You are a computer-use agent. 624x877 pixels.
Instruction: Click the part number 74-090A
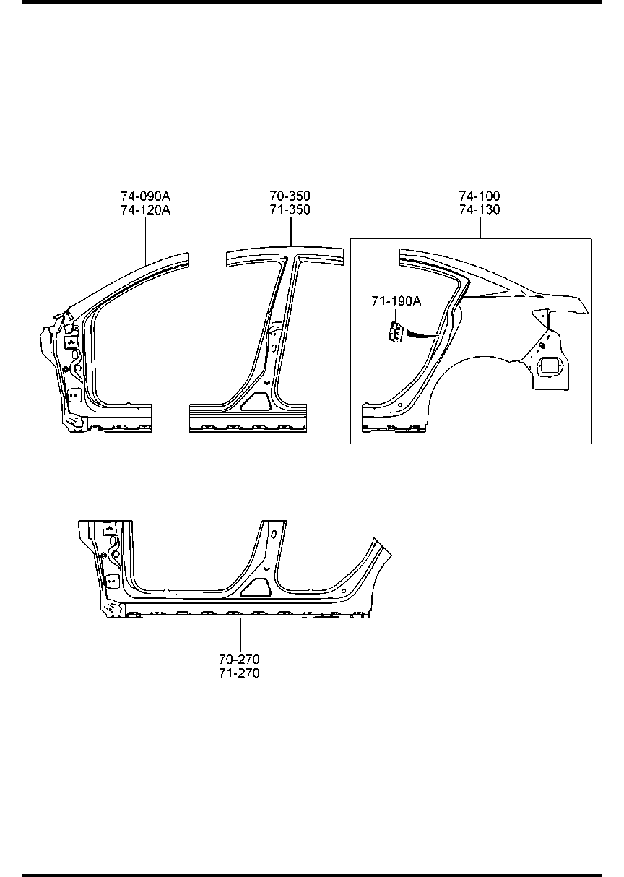pos(145,196)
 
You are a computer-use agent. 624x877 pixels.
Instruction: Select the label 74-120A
pos(145,210)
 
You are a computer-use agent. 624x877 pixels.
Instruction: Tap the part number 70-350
pos(290,196)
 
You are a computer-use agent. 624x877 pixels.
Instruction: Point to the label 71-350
pos(290,210)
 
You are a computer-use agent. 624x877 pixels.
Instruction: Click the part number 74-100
pos(480,196)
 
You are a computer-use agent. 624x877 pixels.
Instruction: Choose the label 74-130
pos(480,210)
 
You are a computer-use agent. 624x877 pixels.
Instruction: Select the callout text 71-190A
pos(396,302)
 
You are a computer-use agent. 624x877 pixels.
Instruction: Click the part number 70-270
pos(239,659)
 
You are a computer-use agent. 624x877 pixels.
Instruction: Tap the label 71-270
pos(239,673)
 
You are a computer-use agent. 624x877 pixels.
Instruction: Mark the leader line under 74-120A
pos(146,240)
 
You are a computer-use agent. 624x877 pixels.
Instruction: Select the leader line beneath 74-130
pos(480,228)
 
